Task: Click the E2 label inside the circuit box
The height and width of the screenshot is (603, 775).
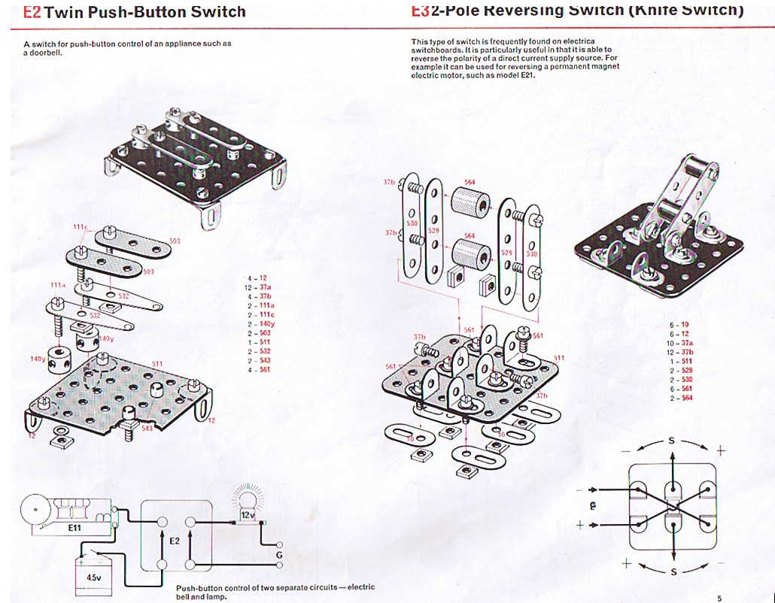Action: point(175,540)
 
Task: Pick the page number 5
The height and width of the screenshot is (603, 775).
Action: point(719,598)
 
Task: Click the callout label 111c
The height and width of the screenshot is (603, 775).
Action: point(81,227)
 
